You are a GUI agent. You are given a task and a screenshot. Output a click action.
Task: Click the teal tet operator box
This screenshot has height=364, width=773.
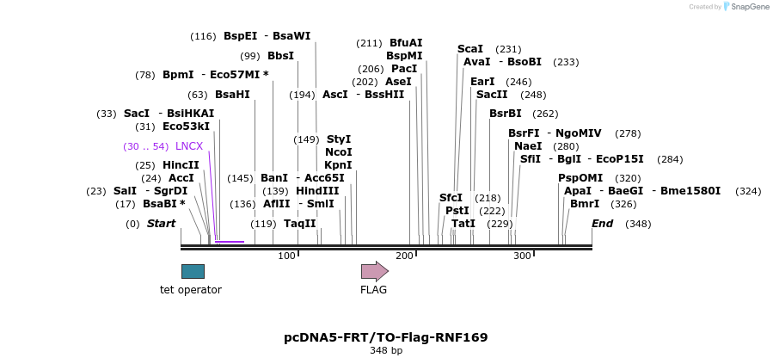193,271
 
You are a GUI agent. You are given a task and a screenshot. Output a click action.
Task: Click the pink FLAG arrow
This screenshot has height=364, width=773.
374,271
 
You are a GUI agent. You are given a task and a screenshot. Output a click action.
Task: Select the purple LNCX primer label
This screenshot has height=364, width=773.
189,146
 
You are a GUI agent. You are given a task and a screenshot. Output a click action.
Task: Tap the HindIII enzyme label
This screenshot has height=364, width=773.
317,190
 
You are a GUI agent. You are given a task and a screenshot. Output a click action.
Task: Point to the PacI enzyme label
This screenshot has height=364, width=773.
404,69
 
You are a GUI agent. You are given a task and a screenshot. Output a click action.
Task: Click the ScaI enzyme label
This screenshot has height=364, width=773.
470,49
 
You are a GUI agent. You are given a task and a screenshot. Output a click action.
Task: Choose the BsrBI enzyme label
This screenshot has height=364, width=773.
506,114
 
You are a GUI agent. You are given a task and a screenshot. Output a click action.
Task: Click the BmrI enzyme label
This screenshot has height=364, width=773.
585,204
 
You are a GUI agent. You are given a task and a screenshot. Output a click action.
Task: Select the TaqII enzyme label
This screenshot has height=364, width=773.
300,224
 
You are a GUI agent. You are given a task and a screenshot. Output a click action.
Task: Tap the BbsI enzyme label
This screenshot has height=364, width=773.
280,56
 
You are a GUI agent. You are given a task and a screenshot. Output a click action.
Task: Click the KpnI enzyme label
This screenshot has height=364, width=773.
338,165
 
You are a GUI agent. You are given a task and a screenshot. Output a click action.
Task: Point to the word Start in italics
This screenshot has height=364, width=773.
161,224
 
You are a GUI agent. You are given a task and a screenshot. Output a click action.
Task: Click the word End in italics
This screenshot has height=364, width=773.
603,224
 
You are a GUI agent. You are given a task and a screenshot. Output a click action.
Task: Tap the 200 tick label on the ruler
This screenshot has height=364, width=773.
404,256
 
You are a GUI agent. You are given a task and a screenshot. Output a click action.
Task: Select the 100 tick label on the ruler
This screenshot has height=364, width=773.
286,256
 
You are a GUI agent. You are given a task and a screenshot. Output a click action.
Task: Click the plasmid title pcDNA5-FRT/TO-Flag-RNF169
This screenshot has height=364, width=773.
386,337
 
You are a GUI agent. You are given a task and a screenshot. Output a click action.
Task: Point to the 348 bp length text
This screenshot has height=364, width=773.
386,351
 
